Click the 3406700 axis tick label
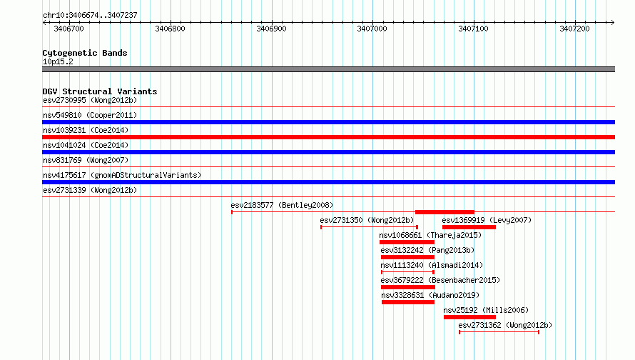coord(68,29)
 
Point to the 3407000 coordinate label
coord(372,29)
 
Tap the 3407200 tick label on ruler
coord(574,29)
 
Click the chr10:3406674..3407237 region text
coord(91,15)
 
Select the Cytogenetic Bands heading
coord(85,53)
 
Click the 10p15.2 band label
coord(58,61)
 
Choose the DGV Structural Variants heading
coord(100,91)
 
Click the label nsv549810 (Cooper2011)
coord(90,115)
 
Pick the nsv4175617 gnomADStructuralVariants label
coord(122,175)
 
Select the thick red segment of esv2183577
coord(444,212)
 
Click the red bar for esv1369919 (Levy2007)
coord(469,227)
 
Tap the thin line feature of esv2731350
coord(369,227)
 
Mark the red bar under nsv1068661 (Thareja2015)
coord(407,242)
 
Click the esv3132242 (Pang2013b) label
coord(427,250)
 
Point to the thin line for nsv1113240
coord(408,272)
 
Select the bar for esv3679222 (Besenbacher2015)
coord(408,287)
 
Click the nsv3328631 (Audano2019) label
coord(430,295)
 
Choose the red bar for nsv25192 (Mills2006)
coord(469,317)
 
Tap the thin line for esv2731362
coord(499,332)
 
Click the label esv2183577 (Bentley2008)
coord(282,205)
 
